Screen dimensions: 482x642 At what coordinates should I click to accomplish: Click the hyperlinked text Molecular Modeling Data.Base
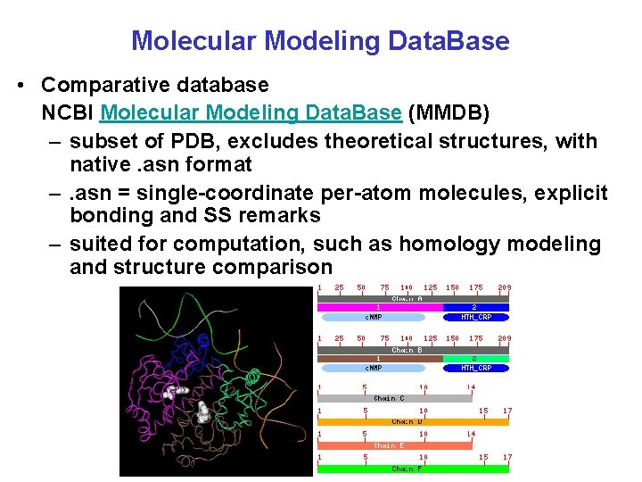click(251, 112)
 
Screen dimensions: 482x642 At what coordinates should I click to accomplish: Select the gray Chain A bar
click(414, 298)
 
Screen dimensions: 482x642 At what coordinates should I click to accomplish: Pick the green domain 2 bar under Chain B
click(475, 359)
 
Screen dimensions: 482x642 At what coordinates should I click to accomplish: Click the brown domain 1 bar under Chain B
click(381, 359)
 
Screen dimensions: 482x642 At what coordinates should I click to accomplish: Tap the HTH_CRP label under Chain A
click(475, 317)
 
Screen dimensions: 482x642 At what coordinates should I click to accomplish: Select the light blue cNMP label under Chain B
click(374, 368)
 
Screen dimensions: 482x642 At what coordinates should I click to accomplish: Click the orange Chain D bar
click(414, 421)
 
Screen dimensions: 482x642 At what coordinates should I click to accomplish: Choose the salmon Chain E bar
click(394, 445)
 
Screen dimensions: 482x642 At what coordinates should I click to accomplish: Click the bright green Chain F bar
click(414, 469)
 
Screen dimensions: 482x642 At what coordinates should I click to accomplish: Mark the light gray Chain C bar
click(394, 398)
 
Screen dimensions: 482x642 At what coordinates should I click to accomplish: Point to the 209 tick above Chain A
click(504, 287)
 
